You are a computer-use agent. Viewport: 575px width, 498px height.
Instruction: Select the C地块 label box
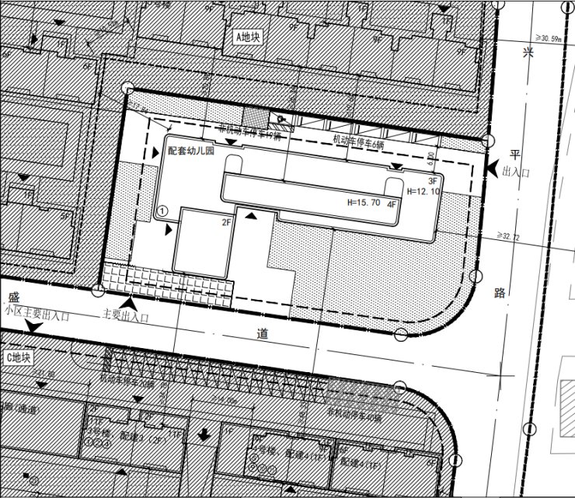(19, 358)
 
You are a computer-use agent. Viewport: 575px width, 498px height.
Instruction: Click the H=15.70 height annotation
(363, 202)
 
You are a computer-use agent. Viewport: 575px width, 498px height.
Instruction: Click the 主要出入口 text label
(125, 316)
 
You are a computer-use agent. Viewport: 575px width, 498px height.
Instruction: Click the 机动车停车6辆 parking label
(357, 141)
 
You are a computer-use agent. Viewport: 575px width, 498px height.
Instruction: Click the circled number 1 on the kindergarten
(162, 210)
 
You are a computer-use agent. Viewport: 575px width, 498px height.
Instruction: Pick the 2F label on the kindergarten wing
(228, 223)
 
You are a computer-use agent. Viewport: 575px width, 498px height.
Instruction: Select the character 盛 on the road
(13, 297)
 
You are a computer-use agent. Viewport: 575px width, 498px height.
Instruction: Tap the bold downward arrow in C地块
(204, 434)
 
